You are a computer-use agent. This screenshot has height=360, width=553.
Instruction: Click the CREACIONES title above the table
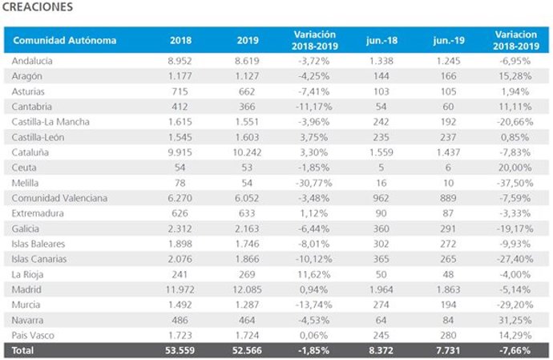coord(38,7)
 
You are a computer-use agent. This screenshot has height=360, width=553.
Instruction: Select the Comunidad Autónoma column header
coord(65,40)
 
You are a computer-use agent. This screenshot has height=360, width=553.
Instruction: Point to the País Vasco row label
coord(34,334)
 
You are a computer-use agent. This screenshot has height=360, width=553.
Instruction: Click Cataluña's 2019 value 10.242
coord(248,152)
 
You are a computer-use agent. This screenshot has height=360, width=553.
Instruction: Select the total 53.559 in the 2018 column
coord(180,350)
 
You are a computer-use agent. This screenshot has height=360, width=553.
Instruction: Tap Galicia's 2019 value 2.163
coord(248,228)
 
